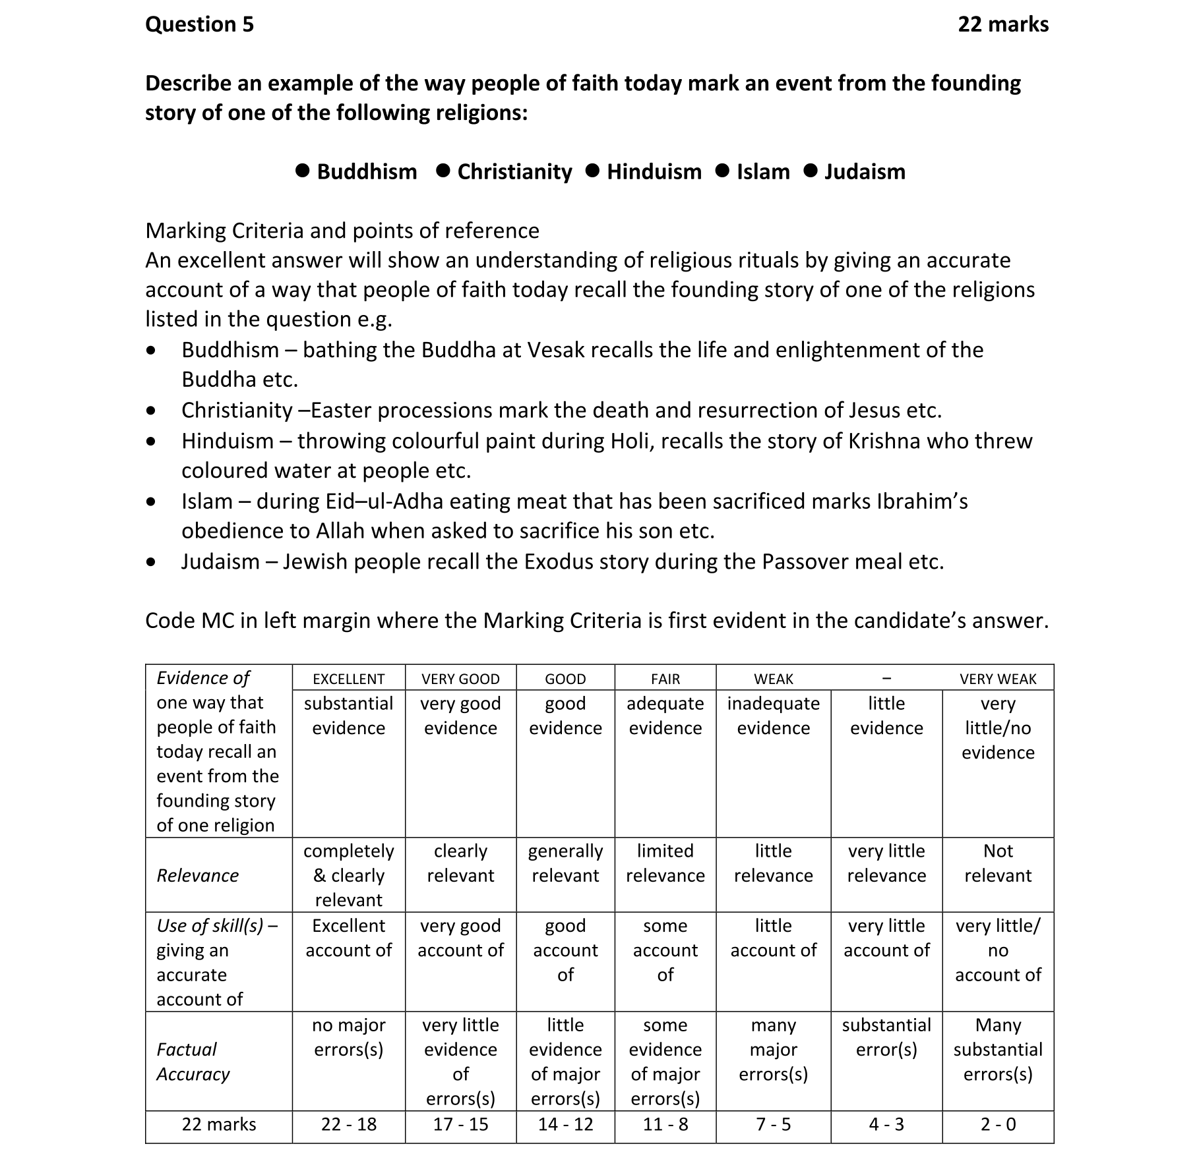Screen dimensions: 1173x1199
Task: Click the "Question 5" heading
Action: pyautogui.click(x=199, y=24)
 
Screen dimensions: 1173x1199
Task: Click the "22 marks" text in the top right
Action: pyautogui.click(x=1002, y=24)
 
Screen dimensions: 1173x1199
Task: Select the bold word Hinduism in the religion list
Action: pyautogui.click(x=654, y=172)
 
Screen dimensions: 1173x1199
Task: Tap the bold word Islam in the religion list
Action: pyautogui.click(x=762, y=172)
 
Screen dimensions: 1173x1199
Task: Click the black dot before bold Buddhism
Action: pyautogui.click(x=303, y=171)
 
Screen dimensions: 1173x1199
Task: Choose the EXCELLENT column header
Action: pyautogui.click(x=348, y=679)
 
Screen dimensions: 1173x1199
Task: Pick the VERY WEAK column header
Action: pyautogui.click(x=997, y=679)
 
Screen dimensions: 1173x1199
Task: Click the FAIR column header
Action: pyautogui.click(x=665, y=679)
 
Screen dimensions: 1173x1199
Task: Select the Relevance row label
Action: pyautogui.click(x=198, y=876)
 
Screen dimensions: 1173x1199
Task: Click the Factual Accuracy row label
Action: pyautogui.click(x=193, y=1062)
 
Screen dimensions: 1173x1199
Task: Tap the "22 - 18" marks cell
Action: pyautogui.click(x=348, y=1125)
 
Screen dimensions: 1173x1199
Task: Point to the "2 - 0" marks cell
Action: pyautogui.click(x=997, y=1125)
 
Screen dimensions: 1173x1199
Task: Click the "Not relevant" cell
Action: pyautogui.click(x=997, y=863)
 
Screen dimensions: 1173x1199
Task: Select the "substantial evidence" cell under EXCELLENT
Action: pyautogui.click(x=348, y=716)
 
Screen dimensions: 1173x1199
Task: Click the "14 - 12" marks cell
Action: pyautogui.click(x=565, y=1125)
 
